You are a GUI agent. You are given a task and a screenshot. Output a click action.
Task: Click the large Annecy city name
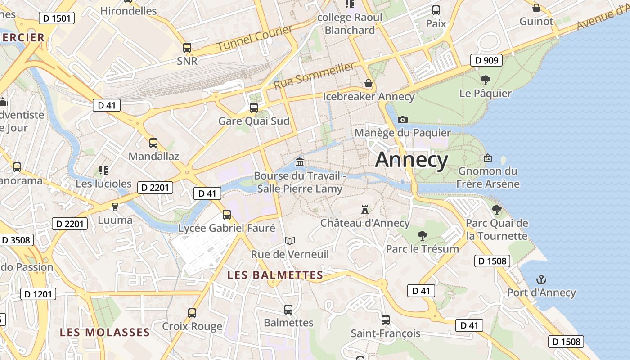tap(411, 160)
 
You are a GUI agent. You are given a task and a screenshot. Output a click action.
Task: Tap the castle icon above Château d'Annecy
tap(365, 210)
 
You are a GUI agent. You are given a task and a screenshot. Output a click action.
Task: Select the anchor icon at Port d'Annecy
tap(541, 279)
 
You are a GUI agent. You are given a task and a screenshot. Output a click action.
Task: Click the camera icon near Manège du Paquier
tap(403, 120)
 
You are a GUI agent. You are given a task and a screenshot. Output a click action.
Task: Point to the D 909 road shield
tap(486, 60)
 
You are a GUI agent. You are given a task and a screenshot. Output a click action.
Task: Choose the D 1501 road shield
tap(57, 18)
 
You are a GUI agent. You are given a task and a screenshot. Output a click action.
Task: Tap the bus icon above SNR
tap(187, 47)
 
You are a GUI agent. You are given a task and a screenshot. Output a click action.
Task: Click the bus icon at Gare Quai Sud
tap(254, 108)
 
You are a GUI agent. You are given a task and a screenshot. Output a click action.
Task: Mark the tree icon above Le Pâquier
tap(485, 80)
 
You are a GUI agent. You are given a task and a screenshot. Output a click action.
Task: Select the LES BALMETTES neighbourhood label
tap(275, 275)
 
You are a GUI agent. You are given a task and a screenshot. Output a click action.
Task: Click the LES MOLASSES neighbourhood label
tap(105, 332)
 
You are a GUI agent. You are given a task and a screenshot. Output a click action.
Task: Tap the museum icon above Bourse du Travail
tap(300, 162)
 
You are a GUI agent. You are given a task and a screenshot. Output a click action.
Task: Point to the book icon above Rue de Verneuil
tap(290, 241)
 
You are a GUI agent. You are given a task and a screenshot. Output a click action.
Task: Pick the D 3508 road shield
tap(16, 240)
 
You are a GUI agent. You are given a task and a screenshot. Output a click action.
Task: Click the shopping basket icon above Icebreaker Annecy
tap(369, 83)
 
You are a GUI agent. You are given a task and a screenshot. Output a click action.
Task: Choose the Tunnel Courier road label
tap(255, 38)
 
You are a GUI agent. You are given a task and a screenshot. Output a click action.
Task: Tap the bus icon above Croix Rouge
tap(192, 313)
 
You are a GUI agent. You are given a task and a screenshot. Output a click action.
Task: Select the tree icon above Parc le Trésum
tap(422, 235)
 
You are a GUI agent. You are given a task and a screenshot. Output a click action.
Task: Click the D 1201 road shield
tap(38, 294)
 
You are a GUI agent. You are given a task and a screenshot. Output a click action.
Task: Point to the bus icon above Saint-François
tap(386, 320)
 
